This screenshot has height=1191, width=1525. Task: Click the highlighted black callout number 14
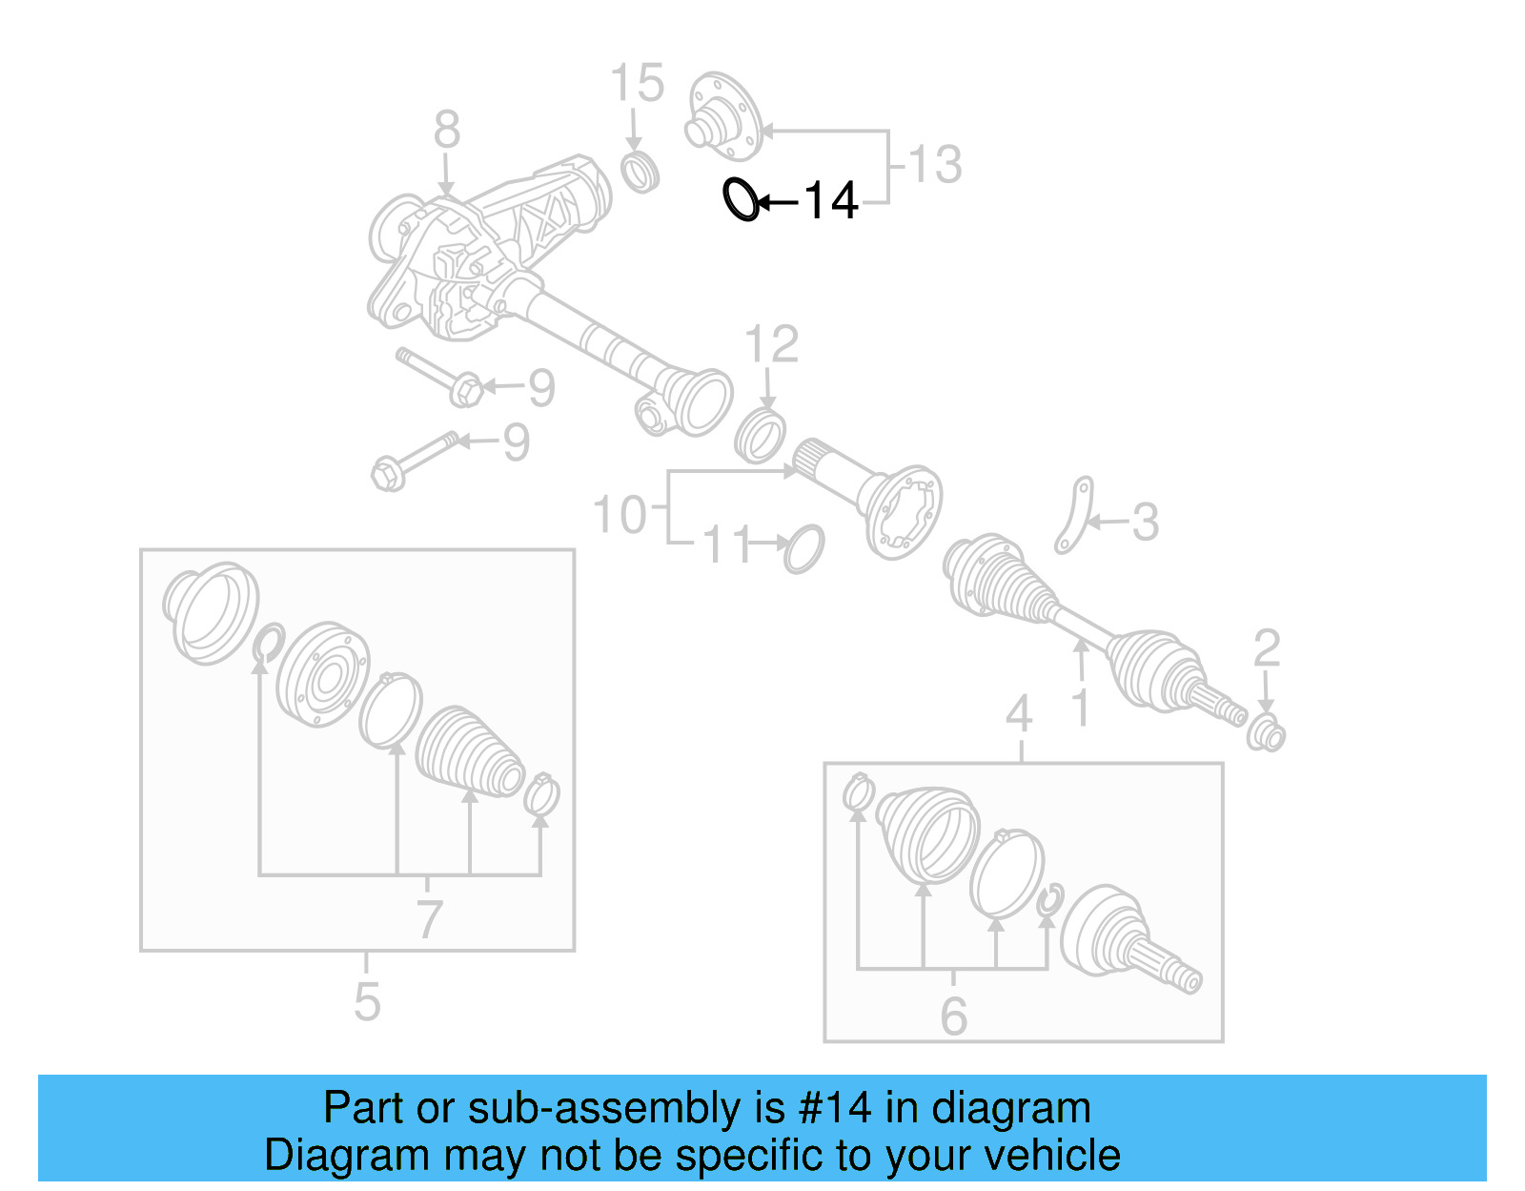pos(830,201)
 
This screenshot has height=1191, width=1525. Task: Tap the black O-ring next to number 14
pos(741,200)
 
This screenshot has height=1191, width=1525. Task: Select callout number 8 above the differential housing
pos(446,130)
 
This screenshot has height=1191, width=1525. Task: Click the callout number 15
pos(637,84)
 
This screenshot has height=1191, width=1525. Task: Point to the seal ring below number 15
pos(640,172)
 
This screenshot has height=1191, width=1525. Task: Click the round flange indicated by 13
pos(723,117)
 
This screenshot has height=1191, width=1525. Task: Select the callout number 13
pos(935,165)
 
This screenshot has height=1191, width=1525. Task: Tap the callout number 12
pos(771,344)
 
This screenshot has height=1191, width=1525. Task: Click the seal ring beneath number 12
pos(761,436)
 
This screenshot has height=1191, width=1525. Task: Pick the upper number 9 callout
pos(541,388)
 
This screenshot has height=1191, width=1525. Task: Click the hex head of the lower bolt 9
pos(387,474)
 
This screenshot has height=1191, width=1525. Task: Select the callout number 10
pos(620,515)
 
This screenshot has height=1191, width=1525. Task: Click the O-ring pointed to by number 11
pos(803,548)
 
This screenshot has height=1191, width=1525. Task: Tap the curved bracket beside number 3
pos(1074,516)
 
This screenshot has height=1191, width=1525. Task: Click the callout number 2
pos(1266,648)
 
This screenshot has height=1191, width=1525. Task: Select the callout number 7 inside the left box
pos(429,919)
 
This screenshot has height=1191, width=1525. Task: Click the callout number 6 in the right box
pos(953,1016)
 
